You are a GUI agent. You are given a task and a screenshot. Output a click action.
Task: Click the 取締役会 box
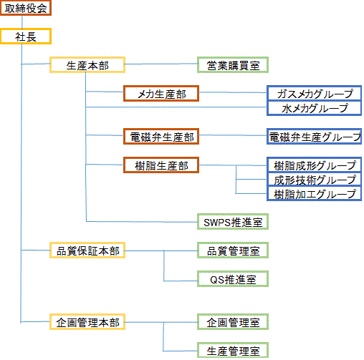click(x=26, y=8)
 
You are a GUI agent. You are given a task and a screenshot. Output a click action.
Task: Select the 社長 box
click(x=26, y=37)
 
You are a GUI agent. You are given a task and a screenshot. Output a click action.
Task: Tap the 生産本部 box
click(x=87, y=64)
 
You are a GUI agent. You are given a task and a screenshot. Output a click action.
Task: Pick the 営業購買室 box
click(x=233, y=64)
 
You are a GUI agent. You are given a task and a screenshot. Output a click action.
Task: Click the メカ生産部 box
click(x=161, y=94)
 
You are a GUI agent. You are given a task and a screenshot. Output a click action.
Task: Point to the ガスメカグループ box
click(x=314, y=93)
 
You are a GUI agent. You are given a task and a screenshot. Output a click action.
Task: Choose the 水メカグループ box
click(x=314, y=108)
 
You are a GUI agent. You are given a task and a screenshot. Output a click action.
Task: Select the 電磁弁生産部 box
click(x=161, y=137)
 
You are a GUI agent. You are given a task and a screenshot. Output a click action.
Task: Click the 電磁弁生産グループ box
click(x=314, y=137)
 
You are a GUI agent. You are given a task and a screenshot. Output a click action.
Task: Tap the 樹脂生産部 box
click(x=161, y=165)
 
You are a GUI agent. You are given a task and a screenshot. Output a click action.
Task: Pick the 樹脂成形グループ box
click(x=314, y=165)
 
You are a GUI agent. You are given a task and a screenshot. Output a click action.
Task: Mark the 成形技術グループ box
click(x=314, y=180)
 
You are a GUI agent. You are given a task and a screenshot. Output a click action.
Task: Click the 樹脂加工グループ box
click(x=314, y=194)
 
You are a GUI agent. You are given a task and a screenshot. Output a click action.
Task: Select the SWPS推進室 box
click(x=233, y=222)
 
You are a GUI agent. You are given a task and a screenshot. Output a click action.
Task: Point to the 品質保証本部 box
click(x=87, y=250)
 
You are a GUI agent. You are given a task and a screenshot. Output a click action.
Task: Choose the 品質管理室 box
click(x=233, y=250)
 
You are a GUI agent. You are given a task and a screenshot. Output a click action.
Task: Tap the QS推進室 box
click(x=233, y=279)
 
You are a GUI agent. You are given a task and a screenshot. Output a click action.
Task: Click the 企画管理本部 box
click(x=87, y=322)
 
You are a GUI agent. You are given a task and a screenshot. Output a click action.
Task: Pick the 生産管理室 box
click(x=233, y=351)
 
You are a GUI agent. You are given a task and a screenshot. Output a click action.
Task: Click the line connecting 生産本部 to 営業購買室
click(x=161, y=64)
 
